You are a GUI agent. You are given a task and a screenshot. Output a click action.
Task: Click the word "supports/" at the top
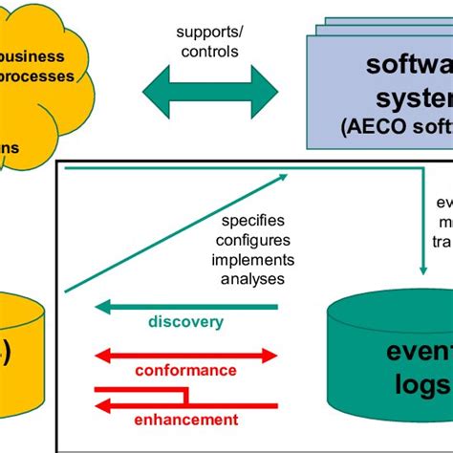point(210,32)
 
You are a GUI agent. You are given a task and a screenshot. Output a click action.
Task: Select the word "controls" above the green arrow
point(210,51)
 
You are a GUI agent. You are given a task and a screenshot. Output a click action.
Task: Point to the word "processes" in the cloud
point(37,75)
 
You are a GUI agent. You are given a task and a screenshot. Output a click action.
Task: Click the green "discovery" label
point(185,322)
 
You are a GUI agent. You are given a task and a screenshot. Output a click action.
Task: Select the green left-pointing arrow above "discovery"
point(185,307)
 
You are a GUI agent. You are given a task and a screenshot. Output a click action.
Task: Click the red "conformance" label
point(185,370)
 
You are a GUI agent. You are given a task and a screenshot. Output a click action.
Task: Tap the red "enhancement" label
point(185,419)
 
